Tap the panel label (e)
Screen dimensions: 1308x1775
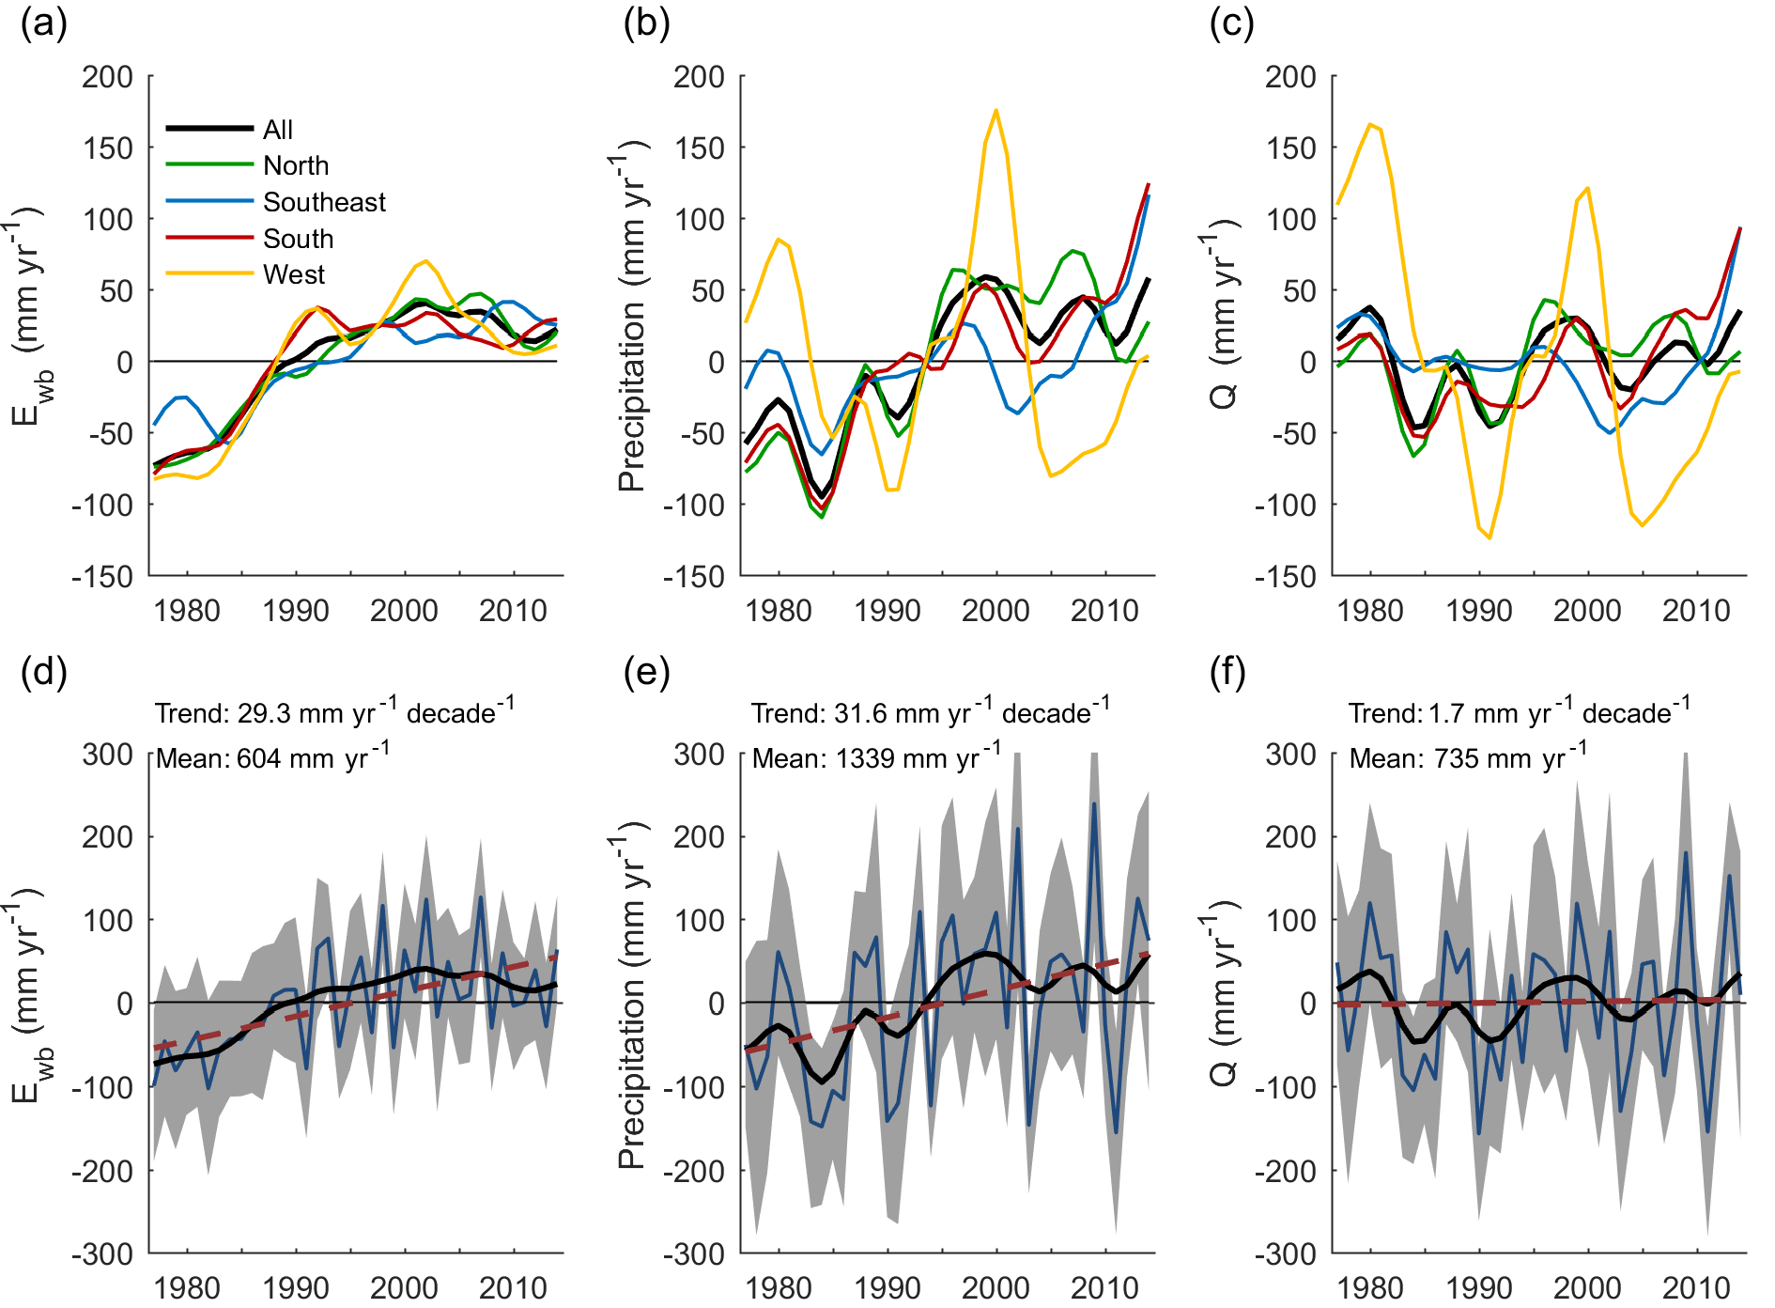pos(646,673)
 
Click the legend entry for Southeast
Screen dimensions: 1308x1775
pos(324,202)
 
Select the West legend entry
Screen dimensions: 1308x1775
pos(294,274)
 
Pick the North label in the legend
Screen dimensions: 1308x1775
pos(296,165)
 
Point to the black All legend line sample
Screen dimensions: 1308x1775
pos(209,129)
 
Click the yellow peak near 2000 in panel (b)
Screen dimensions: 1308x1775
pos(996,111)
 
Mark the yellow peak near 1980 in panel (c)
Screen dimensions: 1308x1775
pos(1370,124)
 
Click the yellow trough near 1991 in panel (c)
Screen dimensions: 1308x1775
pos(1489,537)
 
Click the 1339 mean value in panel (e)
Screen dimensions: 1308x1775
pos(868,759)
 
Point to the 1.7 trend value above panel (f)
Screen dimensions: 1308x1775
pos(1446,714)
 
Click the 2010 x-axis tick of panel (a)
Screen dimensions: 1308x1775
pos(513,611)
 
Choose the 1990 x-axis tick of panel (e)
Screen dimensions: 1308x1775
pos(887,1287)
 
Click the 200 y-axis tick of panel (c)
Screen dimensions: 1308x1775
pos(1290,77)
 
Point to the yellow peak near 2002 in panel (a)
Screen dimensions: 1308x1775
pos(425,261)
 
